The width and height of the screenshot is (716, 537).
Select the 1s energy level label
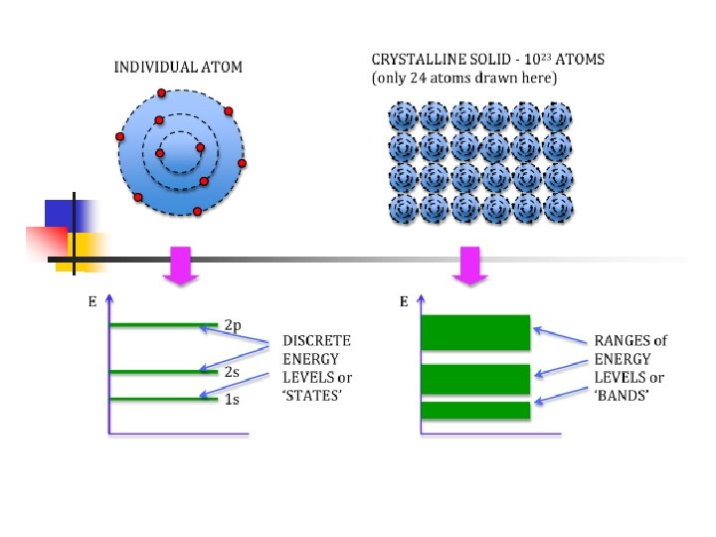[x=231, y=399]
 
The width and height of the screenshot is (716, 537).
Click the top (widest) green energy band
[x=476, y=332]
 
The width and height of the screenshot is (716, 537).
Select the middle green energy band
[x=476, y=379]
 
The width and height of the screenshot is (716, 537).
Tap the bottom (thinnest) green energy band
[x=476, y=410]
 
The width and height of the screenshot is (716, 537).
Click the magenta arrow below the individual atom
[x=182, y=266]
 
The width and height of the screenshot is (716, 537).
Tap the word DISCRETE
[x=316, y=340]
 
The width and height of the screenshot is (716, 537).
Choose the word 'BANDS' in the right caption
[x=622, y=396]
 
